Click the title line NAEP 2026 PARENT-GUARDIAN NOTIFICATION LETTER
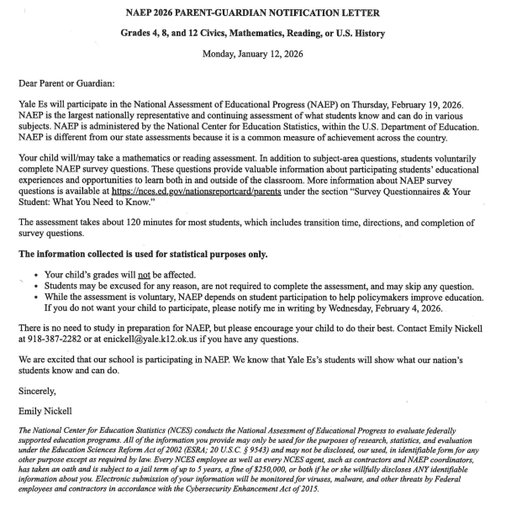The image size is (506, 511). point(252,13)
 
